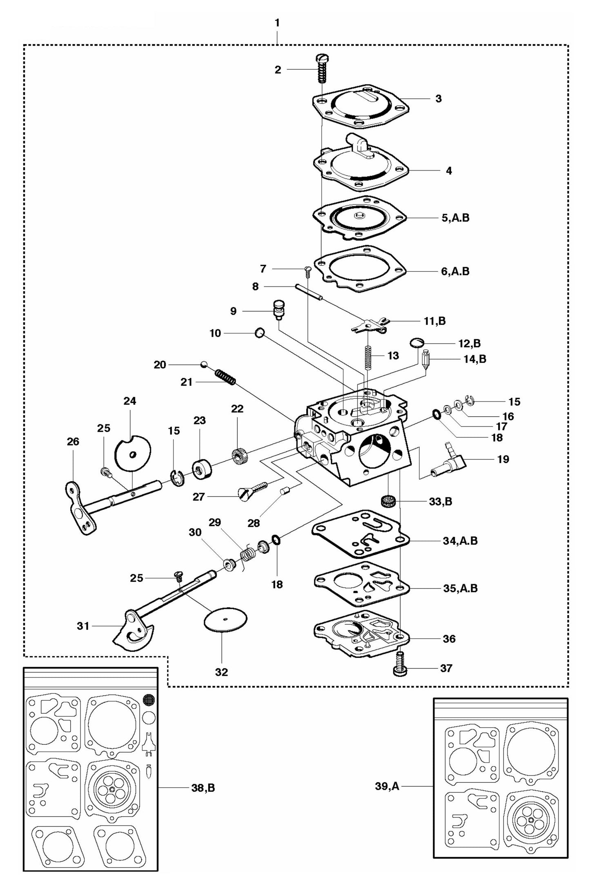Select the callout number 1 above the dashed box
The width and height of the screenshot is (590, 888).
click(x=277, y=23)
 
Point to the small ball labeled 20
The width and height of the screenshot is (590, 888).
click(x=204, y=364)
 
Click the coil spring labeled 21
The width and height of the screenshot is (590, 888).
click(x=225, y=376)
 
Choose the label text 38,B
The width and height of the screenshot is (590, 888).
click(x=203, y=788)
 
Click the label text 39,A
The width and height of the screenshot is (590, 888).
click(x=387, y=786)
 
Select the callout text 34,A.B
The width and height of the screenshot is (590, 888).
click(x=460, y=541)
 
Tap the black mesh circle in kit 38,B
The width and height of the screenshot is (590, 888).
click(x=149, y=700)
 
